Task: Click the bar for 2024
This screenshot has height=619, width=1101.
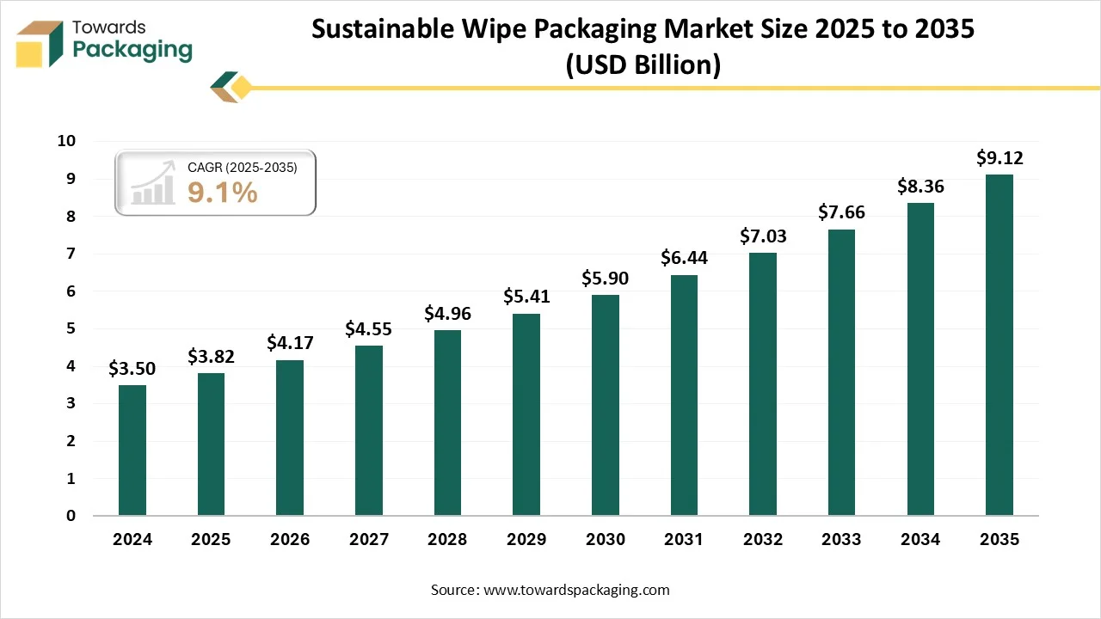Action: pyautogui.click(x=132, y=450)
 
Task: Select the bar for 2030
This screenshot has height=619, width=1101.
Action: pyautogui.click(x=605, y=405)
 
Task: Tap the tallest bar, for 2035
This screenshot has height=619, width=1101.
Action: pyautogui.click(x=999, y=345)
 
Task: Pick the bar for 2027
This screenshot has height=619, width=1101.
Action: pyautogui.click(x=368, y=430)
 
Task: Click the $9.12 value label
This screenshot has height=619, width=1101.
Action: pyautogui.click(x=999, y=158)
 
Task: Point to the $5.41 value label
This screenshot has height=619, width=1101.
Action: pyautogui.click(x=526, y=297)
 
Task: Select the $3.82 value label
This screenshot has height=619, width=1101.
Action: pyautogui.click(x=211, y=357)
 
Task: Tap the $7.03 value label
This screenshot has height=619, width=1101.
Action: pyautogui.click(x=763, y=236)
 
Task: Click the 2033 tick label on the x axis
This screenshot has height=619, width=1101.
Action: pyautogui.click(x=841, y=540)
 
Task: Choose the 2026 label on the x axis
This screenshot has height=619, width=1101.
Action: pyautogui.click(x=290, y=540)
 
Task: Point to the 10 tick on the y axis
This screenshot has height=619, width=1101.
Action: pyautogui.click(x=66, y=141)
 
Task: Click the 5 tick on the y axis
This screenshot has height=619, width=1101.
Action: pyautogui.click(x=71, y=328)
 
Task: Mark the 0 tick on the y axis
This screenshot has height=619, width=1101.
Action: pyautogui.click(x=71, y=516)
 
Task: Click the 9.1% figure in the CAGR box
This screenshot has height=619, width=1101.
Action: pyautogui.click(x=222, y=193)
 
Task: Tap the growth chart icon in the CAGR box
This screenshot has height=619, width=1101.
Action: pyautogui.click(x=151, y=183)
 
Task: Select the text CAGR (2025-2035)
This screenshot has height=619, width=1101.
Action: pyautogui.click(x=242, y=168)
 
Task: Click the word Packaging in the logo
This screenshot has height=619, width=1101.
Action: pyautogui.click(x=132, y=50)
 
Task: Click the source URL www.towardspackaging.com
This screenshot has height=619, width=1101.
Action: pyautogui.click(x=575, y=590)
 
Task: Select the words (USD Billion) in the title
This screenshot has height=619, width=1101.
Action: pyautogui.click(x=643, y=64)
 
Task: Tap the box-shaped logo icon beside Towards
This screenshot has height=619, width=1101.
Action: pyautogui.click(x=40, y=44)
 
